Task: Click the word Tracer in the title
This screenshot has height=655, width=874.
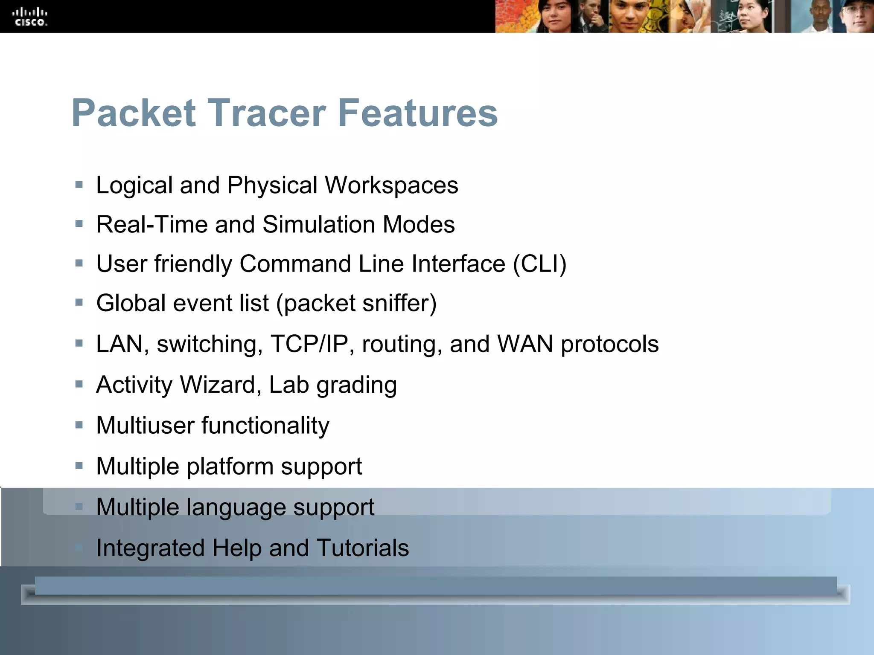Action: pos(266,113)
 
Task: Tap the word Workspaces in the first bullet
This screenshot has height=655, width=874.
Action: pos(391,185)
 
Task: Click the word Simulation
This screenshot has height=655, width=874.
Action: pos(318,225)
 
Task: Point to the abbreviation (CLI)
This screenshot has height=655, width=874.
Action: pos(539,264)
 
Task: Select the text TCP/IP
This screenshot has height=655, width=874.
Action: pos(309,344)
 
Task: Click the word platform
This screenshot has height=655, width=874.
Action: pos(230,467)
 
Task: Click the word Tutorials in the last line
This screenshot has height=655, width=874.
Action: pos(363,548)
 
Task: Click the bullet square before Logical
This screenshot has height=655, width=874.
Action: pos(79,185)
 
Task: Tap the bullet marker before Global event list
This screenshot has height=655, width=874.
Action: pos(79,303)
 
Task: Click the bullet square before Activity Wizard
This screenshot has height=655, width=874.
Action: pos(79,385)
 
